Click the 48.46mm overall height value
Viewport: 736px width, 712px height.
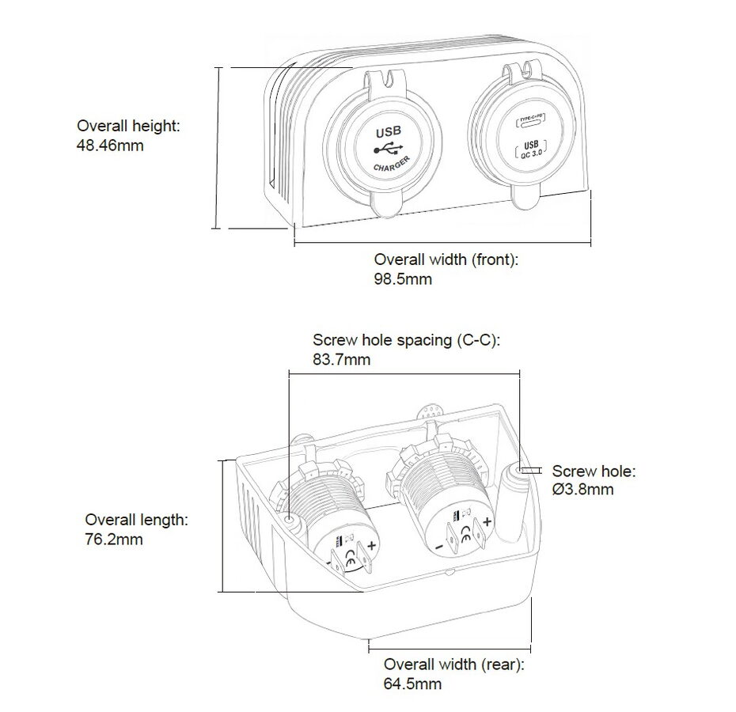[x=110, y=146]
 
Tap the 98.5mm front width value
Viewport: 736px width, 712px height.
[x=403, y=279]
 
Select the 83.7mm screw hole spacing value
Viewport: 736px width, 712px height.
[x=341, y=360]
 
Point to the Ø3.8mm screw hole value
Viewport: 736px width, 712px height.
[x=582, y=490]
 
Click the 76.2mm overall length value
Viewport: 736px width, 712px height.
[x=114, y=540]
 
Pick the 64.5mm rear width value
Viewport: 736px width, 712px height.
[x=412, y=684]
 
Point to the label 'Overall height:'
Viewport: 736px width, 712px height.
[x=128, y=126]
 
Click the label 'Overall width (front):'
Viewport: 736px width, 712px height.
[x=446, y=259]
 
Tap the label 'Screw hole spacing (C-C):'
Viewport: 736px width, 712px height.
[x=407, y=340]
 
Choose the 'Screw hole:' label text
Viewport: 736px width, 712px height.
[x=594, y=472]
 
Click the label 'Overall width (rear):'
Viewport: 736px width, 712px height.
[x=454, y=664]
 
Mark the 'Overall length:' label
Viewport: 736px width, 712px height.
[x=136, y=520]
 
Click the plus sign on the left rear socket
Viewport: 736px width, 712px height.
[x=371, y=545]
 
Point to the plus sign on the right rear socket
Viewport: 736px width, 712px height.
[x=488, y=521]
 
